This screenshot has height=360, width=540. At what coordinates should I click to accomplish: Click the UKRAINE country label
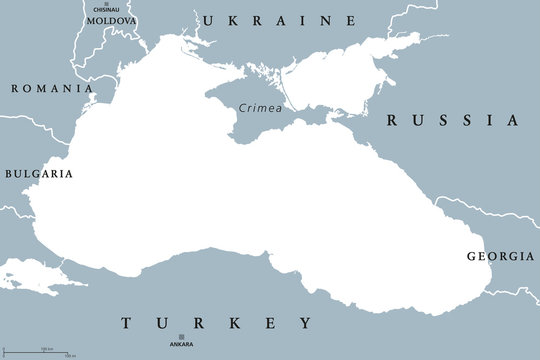(x=279, y=20)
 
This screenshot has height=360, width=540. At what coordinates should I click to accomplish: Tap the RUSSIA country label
(x=453, y=120)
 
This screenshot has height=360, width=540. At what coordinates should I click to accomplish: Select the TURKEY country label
(x=215, y=323)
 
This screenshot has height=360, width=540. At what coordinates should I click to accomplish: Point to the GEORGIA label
(x=500, y=257)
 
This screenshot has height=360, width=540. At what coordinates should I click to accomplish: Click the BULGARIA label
(x=38, y=173)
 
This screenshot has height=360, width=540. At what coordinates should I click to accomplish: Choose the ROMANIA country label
(x=46, y=88)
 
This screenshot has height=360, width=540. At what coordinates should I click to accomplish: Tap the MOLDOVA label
(x=112, y=20)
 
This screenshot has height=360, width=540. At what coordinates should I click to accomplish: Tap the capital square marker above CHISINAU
(x=113, y=3)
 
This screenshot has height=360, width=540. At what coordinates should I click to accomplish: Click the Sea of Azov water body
(x=345, y=70)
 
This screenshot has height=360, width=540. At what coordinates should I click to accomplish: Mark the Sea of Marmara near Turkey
(x=30, y=270)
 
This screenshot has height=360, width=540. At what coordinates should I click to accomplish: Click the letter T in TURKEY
(x=127, y=323)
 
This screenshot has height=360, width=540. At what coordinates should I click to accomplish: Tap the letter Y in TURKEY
(x=304, y=323)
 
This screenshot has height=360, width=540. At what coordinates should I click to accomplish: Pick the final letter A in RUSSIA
(x=513, y=120)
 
